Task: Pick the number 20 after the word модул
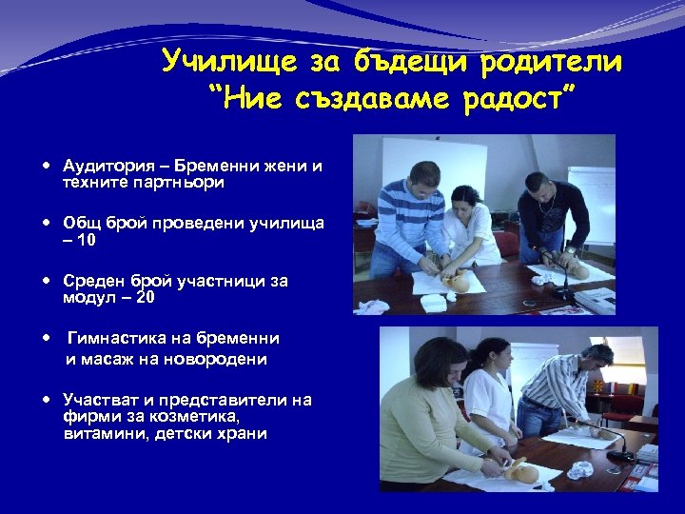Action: pos(145,298)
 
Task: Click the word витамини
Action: pos(104,433)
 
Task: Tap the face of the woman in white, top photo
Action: pos(465,201)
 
